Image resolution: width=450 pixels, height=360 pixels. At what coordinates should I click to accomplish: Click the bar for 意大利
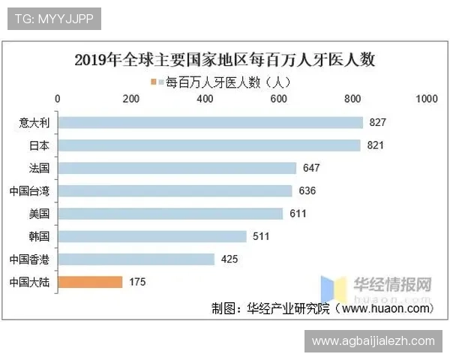tap(210, 122)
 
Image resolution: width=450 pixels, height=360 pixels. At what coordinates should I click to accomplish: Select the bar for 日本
tap(209, 145)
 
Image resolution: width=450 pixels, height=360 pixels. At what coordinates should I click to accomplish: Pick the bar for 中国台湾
tap(175, 190)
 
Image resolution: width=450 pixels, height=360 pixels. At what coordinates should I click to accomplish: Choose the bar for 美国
tap(170, 214)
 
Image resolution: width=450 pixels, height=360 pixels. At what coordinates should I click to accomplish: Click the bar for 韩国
tap(152, 236)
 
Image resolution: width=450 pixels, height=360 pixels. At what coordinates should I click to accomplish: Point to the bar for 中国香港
tap(136, 259)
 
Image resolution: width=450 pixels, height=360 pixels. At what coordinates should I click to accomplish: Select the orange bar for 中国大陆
tap(90, 282)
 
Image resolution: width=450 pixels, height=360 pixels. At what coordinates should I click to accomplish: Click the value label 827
tap(378, 122)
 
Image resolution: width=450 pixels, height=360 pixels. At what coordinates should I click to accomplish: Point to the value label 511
tap(262, 237)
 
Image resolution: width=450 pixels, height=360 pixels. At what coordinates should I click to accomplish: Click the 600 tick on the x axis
tap(279, 99)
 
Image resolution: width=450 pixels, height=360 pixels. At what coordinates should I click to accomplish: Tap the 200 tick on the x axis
tap(131, 99)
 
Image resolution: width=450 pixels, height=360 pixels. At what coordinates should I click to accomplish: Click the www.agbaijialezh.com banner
tap(373, 341)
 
